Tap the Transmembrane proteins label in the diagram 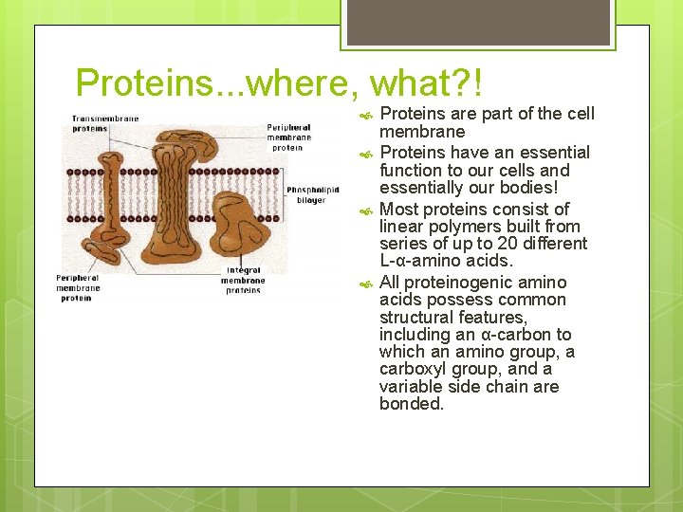click(x=104, y=123)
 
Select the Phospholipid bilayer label click(x=312, y=194)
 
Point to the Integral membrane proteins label click(x=244, y=280)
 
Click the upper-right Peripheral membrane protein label click(x=288, y=137)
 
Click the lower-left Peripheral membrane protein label click(x=78, y=287)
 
